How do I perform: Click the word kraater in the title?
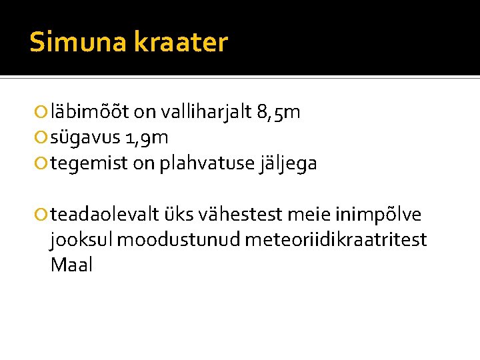(181, 43)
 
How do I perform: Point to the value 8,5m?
(278, 113)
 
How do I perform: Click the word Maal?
(71, 265)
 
